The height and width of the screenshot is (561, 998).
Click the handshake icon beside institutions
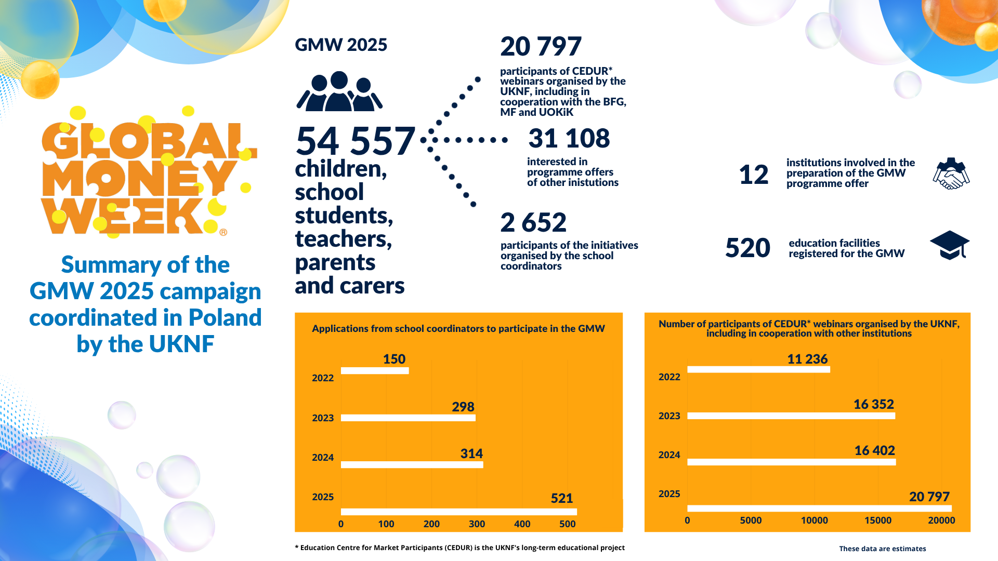[x=951, y=173]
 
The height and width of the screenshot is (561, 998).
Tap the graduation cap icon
[x=950, y=245]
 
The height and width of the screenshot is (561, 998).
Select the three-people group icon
[x=339, y=92]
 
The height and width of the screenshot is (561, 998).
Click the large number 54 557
[x=356, y=141]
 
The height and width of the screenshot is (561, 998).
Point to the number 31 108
[x=569, y=138]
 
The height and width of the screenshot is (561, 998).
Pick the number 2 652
[x=533, y=222]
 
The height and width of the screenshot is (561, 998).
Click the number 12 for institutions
[x=753, y=175]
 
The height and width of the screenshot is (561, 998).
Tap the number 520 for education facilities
[x=747, y=248]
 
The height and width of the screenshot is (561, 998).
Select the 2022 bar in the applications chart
[x=374, y=371]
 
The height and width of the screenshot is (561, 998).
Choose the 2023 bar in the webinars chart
[x=791, y=416]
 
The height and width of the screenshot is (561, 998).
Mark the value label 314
[x=471, y=453]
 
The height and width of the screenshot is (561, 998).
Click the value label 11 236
[x=807, y=359]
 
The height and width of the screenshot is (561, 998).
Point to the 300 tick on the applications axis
[x=477, y=524]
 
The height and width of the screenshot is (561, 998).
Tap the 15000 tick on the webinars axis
[x=877, y=520]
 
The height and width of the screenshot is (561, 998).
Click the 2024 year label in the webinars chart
[x=669, y=455]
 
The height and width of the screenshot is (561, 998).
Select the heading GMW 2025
[x=341, y=45]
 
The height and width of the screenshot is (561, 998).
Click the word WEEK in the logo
[x=122, y=216]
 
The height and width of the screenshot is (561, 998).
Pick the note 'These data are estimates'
[x=882, y=549]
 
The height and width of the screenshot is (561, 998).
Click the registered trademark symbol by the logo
[x=223, y=232]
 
